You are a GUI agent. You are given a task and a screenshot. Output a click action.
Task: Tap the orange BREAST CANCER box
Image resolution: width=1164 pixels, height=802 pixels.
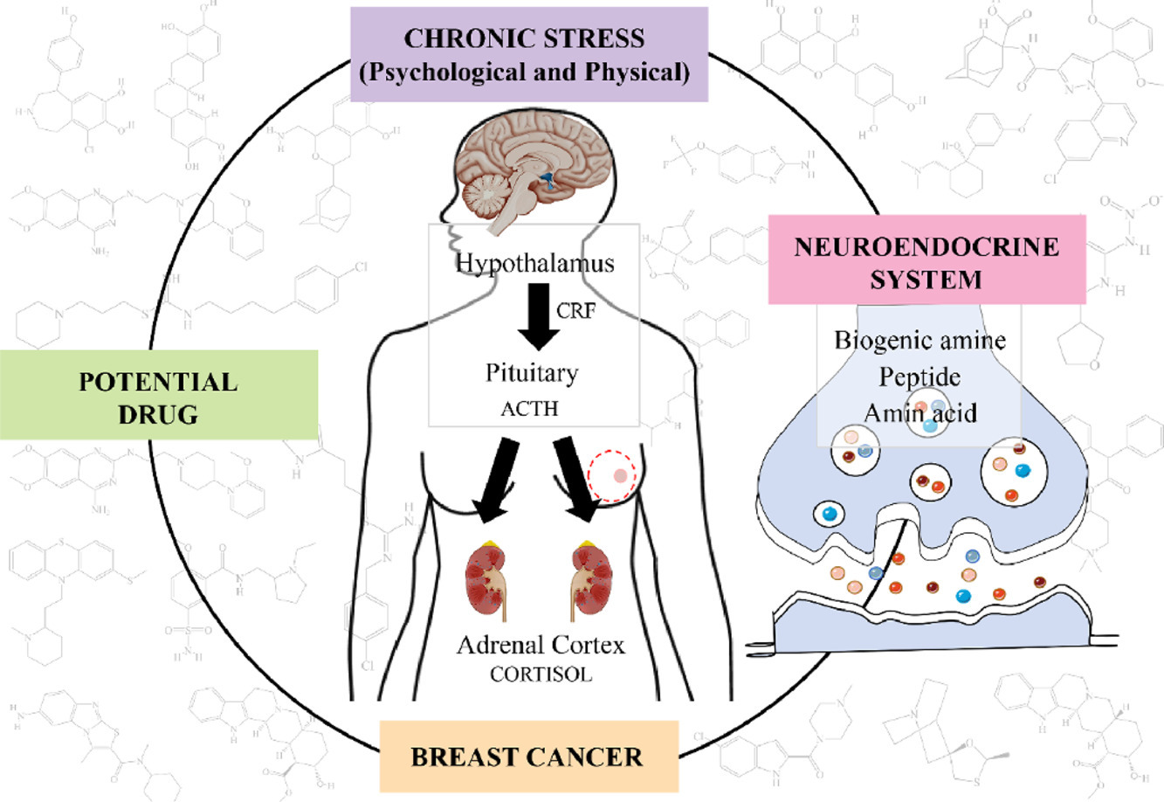(x=527, y=756)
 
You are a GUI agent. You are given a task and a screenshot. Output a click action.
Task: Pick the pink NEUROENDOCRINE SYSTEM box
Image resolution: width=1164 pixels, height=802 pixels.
(x=926, y=261)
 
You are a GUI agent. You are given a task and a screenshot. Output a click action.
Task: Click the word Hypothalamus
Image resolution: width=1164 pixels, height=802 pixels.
(x=534, y=262)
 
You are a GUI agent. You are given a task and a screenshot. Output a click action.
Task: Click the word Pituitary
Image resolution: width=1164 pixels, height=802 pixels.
(x=532, y=373)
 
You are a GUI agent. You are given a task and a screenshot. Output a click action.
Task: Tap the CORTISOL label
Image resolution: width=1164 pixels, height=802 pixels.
(x=541, y=674)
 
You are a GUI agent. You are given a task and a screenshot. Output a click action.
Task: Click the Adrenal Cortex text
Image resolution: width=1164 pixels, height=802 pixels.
(x=541, y=646)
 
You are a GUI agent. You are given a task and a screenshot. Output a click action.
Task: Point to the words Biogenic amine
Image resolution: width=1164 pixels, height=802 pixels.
(x=919, y=340)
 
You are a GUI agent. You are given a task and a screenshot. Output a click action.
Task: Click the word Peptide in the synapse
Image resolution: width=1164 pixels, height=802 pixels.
(x=919, y=377)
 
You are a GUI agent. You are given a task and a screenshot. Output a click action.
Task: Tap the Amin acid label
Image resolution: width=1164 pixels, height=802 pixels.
(x=919, y=412)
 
